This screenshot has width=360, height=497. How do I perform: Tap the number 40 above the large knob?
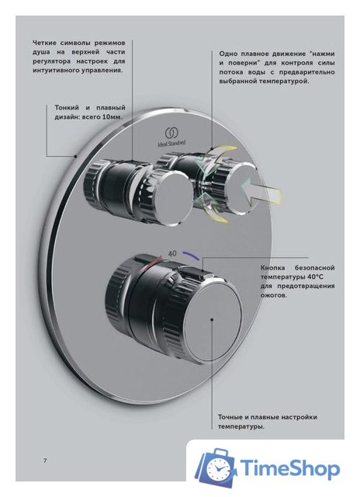pos(172,252)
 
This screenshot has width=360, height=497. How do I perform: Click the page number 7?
pos(44,461)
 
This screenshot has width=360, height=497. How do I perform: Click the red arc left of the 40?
pos(154,257)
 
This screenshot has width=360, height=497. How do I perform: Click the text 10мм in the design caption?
pos(114,116)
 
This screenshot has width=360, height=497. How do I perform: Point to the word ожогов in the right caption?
pos(272,297)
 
